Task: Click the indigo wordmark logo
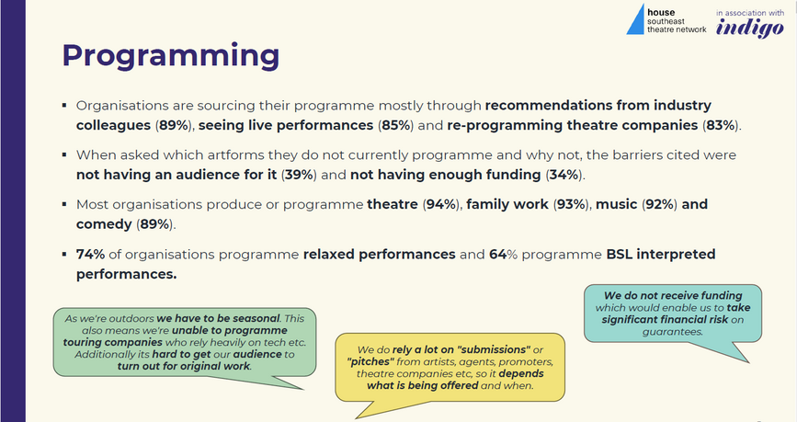[x=750, y=29]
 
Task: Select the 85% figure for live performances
[x=396, y=125]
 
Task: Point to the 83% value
[x=721, y=125]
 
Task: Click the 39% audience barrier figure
[x=300, y=175]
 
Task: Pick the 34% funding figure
[x=564, y=175]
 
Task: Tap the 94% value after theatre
[x=440, y=204]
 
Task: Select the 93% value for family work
[x=571, y=204]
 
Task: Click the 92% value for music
[x=659, y=204]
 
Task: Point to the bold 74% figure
[x=90, y=255]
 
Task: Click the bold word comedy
[x=104, y=224]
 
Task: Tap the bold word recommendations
[x=549, y=105]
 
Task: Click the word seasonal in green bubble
[x=256, y=319]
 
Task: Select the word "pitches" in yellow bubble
[x=370, y=361]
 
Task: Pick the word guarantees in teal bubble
[x=673, y=332]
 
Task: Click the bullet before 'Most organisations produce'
[x=64, y=204]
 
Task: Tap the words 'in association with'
[x=750, y=13]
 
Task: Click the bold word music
[x=616, y=204]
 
